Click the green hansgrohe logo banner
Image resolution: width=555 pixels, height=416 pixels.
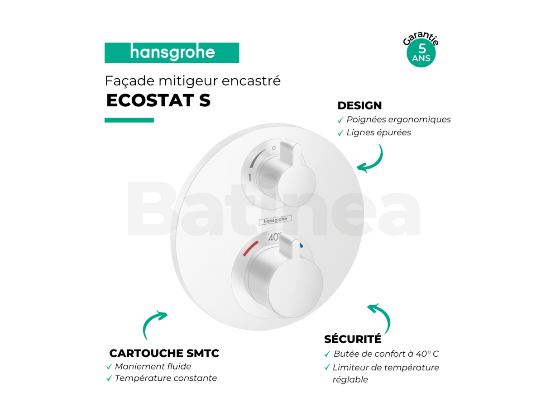point(172,53)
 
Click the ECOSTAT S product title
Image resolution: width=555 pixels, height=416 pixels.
point(158,100)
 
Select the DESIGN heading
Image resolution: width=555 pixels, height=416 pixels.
point(359,105)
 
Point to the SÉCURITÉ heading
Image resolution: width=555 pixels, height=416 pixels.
point(353,339)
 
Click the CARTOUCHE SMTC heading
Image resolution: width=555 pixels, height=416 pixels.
point(164,353)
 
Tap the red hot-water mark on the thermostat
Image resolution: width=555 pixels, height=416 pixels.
point(251,248)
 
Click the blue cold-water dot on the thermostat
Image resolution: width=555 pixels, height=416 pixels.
point(301,245)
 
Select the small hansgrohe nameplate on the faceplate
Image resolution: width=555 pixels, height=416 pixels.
point(275,220)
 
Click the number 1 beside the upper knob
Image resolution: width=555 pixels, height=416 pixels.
point(250,178)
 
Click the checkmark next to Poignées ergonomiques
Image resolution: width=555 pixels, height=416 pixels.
point(340,120)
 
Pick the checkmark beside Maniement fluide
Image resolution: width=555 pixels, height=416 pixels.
point(109,367)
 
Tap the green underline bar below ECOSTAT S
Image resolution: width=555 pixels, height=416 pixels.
point(129,120)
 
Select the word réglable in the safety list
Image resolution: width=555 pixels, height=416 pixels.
point(350,380)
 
